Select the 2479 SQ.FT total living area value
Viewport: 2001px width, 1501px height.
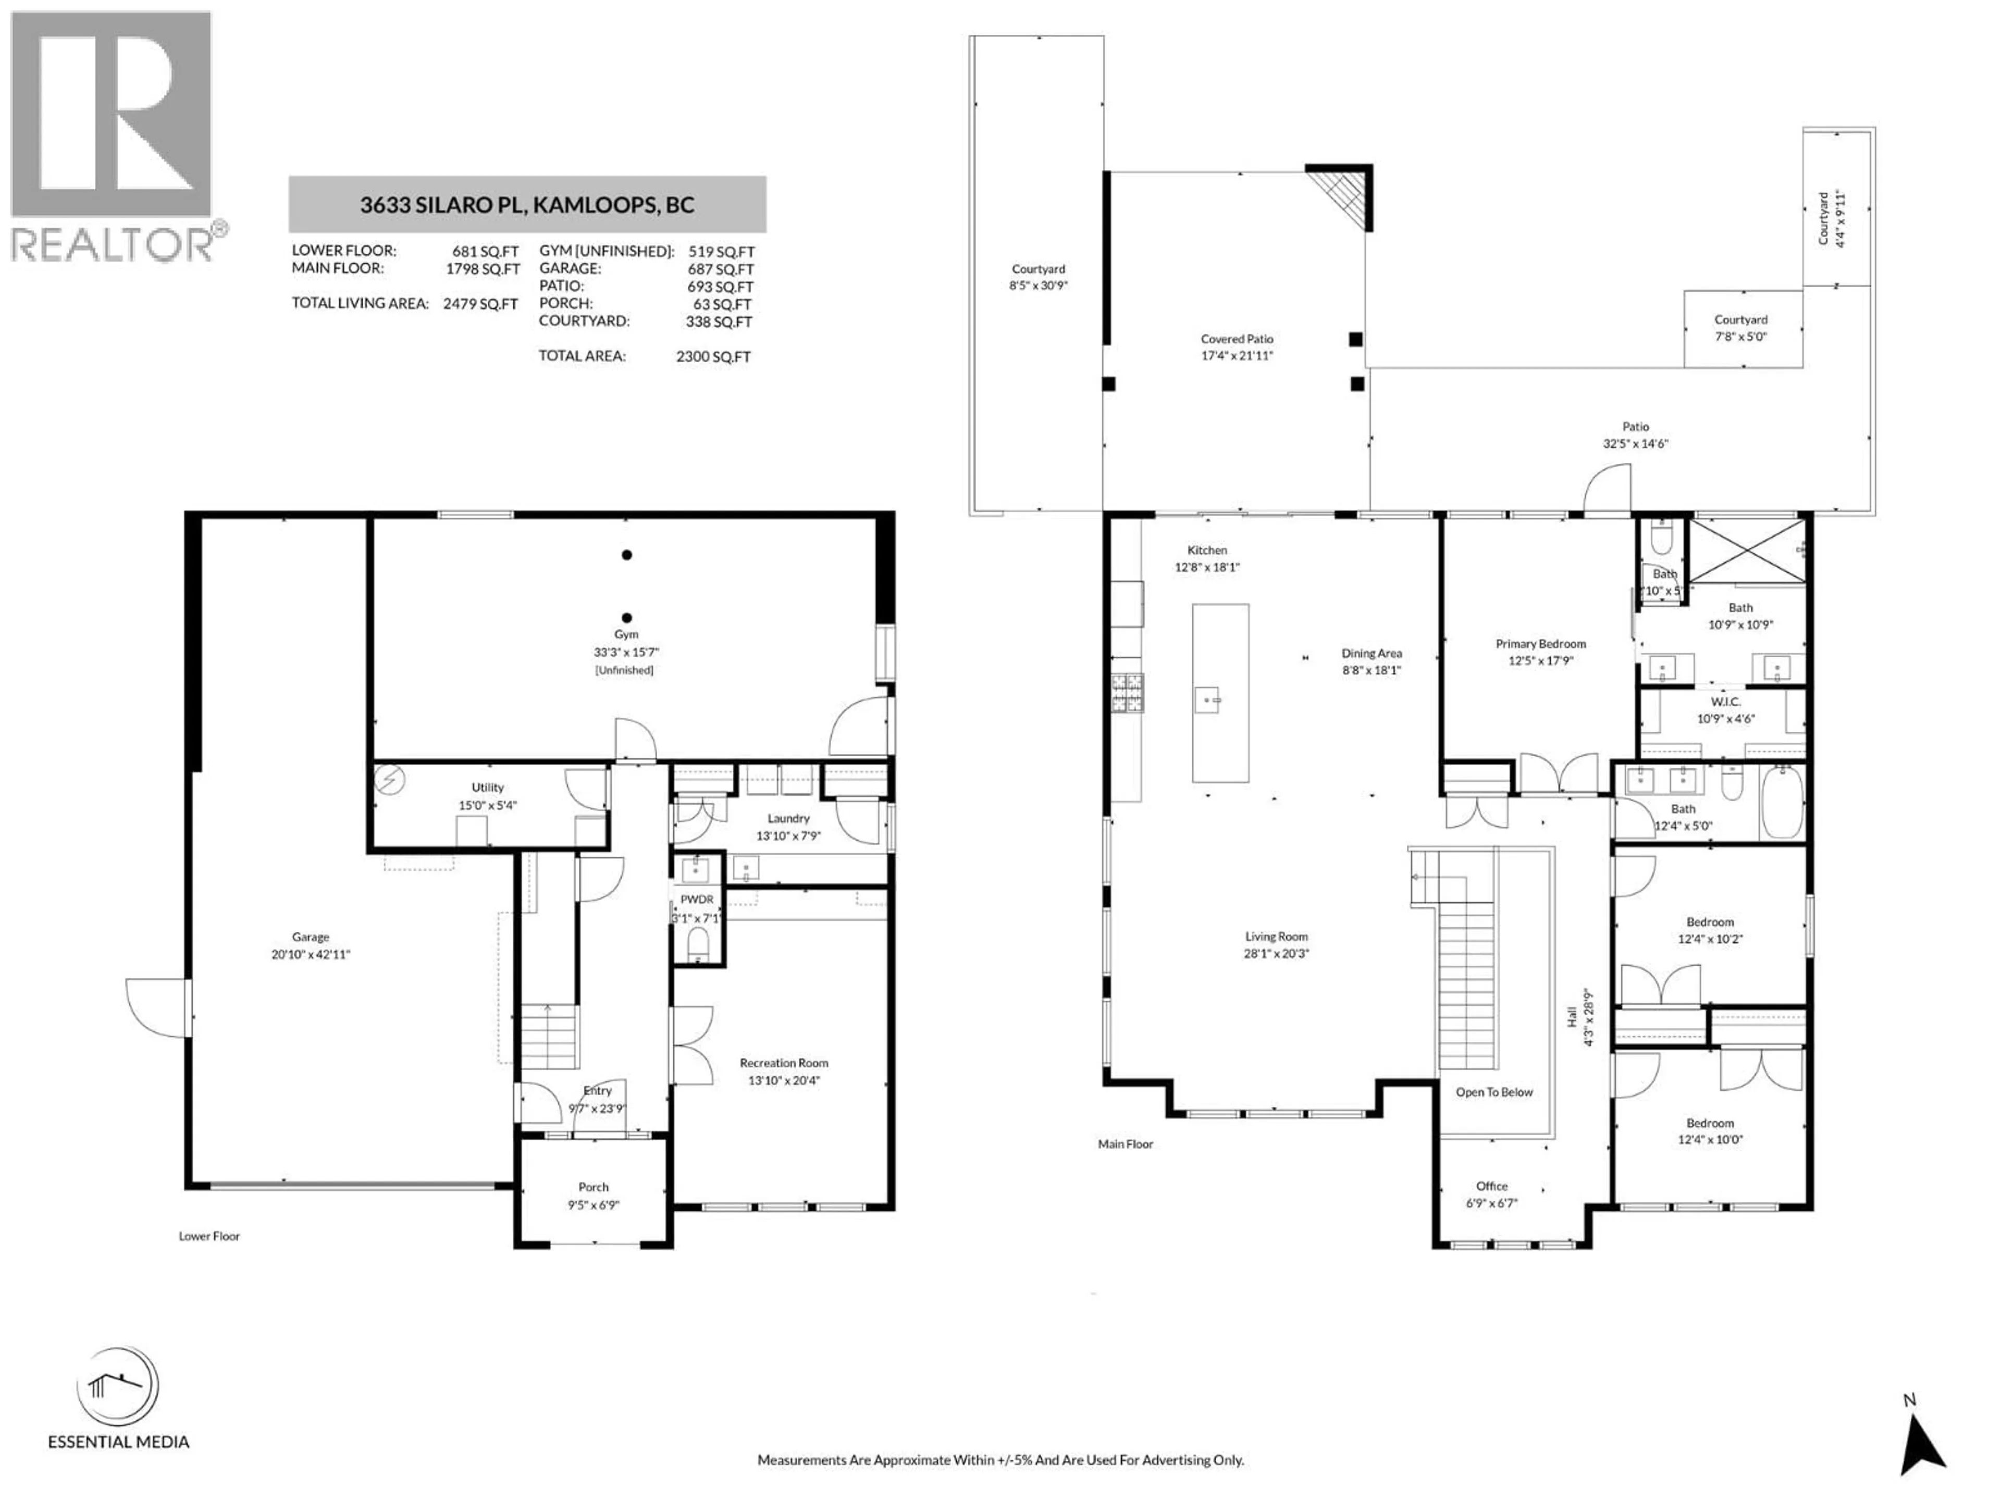point(480,304)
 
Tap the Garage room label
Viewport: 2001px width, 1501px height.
point(310,937)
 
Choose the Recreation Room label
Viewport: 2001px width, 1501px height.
point(783,1063)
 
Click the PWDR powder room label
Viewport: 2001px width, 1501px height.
point(697,900)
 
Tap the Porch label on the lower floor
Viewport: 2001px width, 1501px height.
point(594,1187)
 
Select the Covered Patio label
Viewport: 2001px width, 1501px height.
point(1237,339)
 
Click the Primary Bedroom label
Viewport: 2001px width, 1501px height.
point(1540,644)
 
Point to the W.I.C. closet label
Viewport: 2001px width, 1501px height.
point(1725,702)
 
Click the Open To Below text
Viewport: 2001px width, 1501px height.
point(1493,1092)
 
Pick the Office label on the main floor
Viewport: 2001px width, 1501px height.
point(1492,1186)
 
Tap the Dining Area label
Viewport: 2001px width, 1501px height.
point(1372,653)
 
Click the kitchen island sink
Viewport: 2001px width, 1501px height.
point(1208,699)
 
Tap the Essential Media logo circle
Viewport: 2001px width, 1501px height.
point(118,1387)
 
